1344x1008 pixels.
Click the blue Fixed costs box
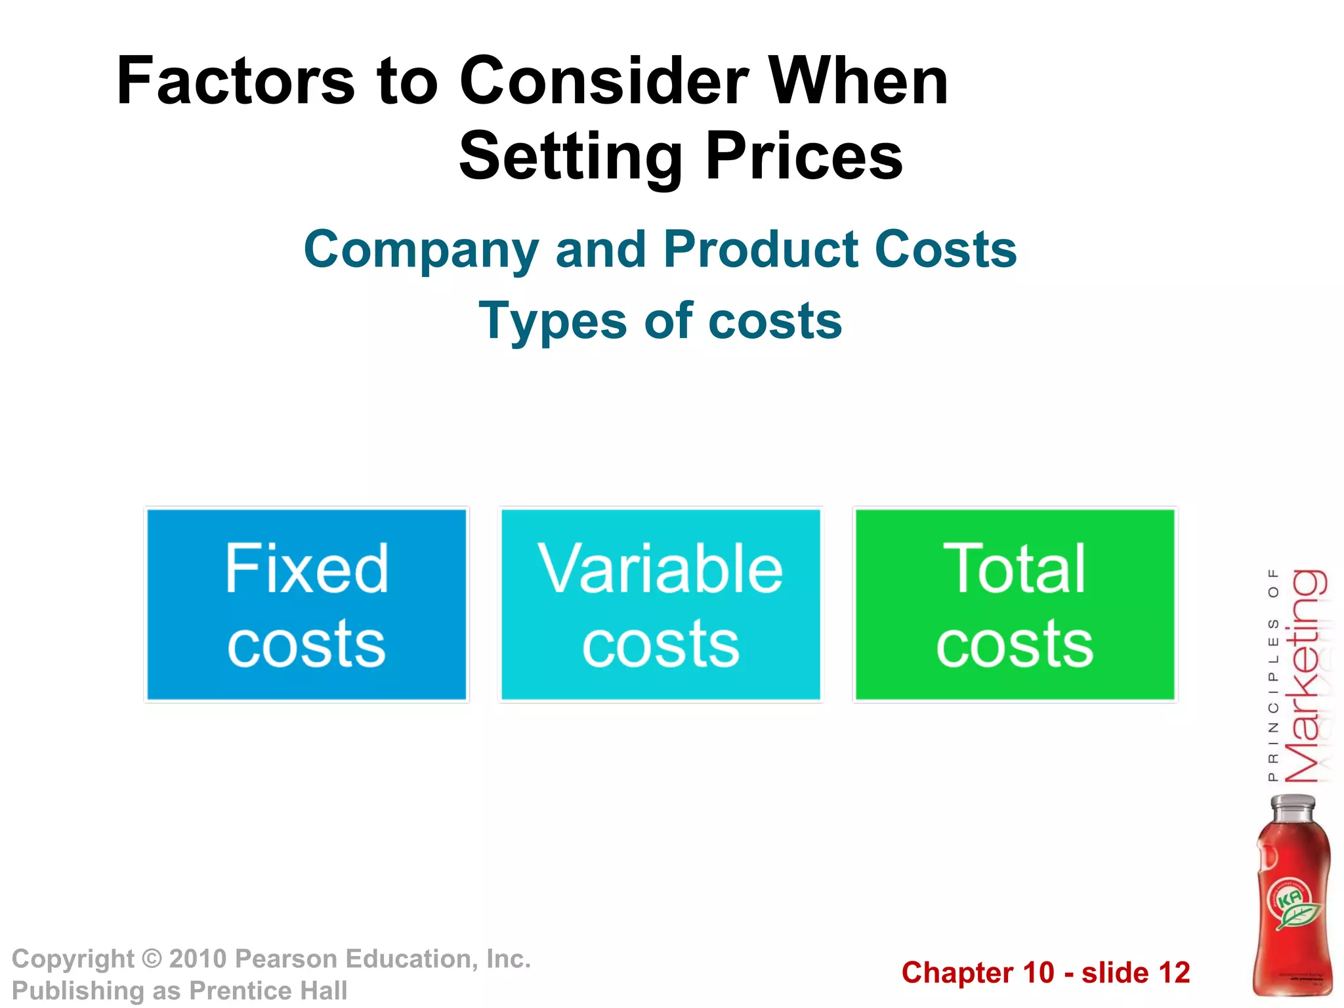point(306,604)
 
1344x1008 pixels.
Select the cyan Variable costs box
point(660,604)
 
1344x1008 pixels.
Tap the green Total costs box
point(1015,604)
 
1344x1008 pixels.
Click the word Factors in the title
point(235,81)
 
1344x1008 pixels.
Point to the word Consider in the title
point(604,81)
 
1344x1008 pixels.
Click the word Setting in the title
point(570,157)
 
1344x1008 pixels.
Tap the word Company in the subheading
point(421,250)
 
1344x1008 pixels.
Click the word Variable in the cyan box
point(660,568)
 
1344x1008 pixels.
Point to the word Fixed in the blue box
point(306,568)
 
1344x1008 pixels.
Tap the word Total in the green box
point(1015,568)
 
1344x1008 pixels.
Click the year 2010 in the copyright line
point(198,959)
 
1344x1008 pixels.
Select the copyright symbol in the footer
point(152,959)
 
